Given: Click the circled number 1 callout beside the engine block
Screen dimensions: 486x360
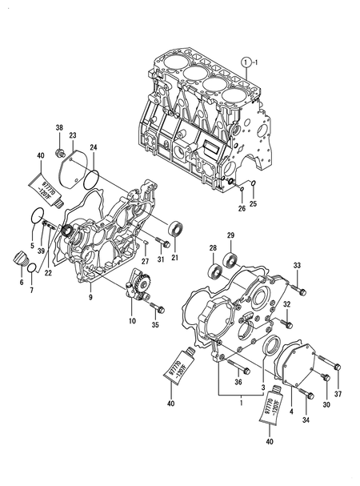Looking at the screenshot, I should (250, 61).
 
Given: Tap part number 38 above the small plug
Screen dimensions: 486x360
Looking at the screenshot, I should (58, 128).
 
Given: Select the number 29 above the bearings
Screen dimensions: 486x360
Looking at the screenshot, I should (230, 235).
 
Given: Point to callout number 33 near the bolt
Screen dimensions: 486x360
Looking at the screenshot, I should (297, 265).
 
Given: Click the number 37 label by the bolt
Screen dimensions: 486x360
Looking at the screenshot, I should (337, 393).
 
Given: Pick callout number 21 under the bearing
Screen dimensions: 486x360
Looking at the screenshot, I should (174, 257).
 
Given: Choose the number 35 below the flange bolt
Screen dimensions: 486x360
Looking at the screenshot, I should (155, 325).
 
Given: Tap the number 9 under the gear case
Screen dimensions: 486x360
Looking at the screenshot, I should (90, 297).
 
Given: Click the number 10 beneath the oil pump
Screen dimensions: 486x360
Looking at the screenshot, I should (133, 319).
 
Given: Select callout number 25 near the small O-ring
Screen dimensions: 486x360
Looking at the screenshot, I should (254, 204).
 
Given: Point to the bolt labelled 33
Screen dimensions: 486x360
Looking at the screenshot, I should (295, 280).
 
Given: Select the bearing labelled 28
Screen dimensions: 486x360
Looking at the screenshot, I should (216, 269).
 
